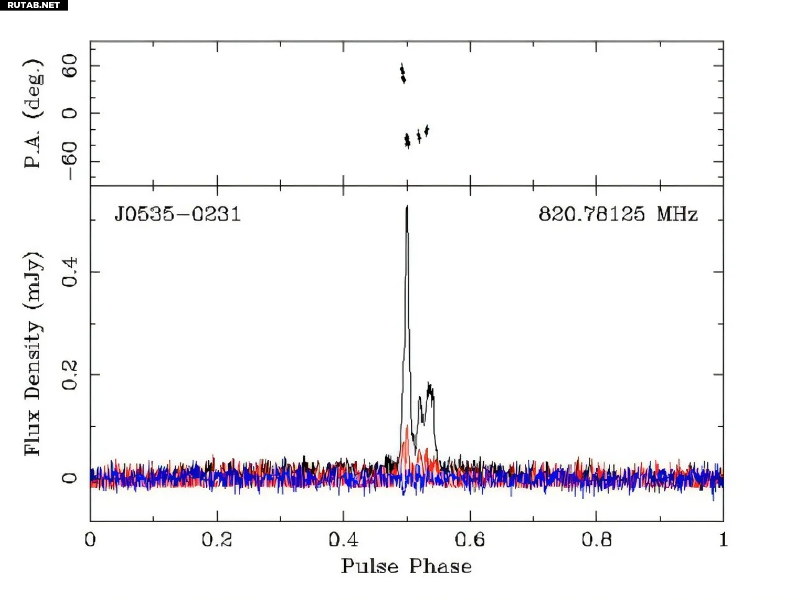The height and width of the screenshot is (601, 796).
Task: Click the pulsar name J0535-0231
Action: point(177,214)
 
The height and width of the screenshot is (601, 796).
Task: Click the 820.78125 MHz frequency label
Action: point(618,214)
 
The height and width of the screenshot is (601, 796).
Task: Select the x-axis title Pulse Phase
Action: point(406,566)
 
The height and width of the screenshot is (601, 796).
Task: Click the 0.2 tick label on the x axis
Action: point(216,539)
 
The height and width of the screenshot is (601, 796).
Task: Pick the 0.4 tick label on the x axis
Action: point(343,539)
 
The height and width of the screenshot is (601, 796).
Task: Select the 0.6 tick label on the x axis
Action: point(470,539)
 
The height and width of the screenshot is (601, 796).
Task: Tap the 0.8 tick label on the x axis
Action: point(596,539)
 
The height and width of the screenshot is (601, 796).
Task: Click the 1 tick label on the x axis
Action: point(723,539)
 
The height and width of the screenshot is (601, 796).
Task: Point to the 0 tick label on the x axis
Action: point(91,539)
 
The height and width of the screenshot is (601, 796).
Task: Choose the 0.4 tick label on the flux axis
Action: point(70,272)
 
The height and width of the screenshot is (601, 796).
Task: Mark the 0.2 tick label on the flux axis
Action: point(70,375)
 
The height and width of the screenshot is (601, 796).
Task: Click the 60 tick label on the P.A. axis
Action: point(70,66)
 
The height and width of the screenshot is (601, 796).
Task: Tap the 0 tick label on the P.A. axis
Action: point(70,113)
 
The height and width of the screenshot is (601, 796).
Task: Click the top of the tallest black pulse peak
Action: point(407,207)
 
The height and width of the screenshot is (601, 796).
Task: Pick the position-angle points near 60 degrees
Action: point(402,73)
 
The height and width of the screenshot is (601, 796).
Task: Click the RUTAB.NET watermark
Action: point(34,5)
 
